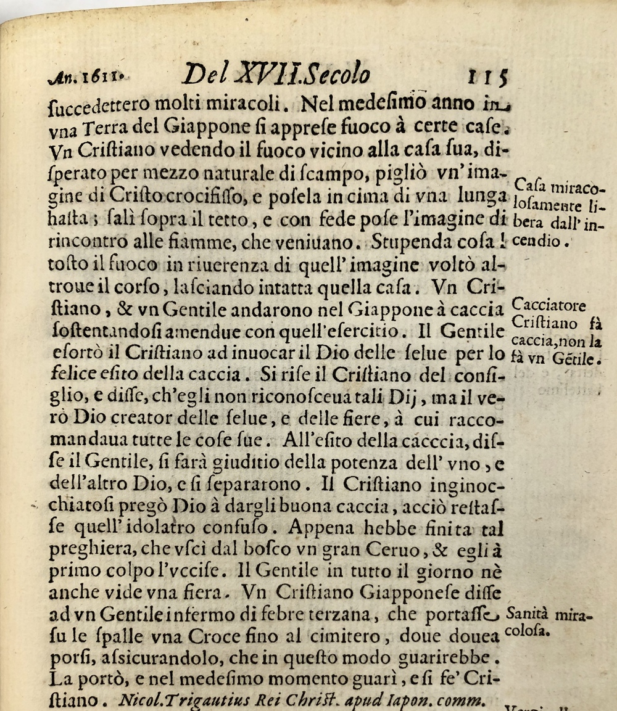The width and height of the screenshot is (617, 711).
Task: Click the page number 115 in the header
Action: (x=487, y=78)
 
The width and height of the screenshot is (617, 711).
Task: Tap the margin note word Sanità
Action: (x=527, y=614)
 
